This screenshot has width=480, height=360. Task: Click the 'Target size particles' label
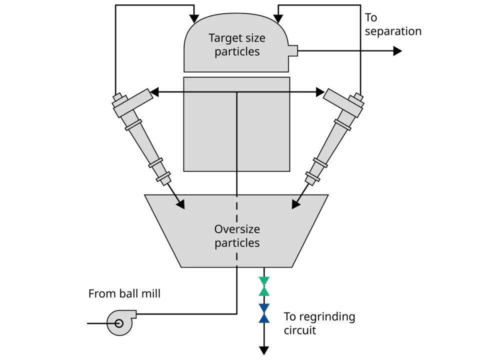pyautogui.click(x=237, y=45)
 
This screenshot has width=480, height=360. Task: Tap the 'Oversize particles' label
pyautogui.click(x=237, y=236)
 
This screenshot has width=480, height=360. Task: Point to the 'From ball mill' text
pyautogui.click(x=124, y=293)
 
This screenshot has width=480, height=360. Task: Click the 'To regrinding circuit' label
pyautogui.click(x=319, y=323)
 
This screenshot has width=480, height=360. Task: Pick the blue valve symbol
pyautogui.click(x=264, y=313)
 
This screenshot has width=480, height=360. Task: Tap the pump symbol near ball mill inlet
pyautogui.click(x=120, y=321)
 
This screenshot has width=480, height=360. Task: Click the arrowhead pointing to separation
pyautogui.click(x=397, y=50)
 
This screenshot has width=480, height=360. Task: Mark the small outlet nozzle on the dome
pyautogui.click(x=293, y=50)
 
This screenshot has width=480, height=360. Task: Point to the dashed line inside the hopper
pyautogui.click(x=236, y=230)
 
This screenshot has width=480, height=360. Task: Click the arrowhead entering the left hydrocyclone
pyautogui.click(x=155, y=92)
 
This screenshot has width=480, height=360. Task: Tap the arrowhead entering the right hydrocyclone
pyautogui.click(x=319, y=92)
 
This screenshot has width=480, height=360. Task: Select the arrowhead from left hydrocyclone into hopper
pyautogui.click(x=180, y=204)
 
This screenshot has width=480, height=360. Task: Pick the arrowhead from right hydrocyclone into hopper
pyautogui.click(x=295, y=204)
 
